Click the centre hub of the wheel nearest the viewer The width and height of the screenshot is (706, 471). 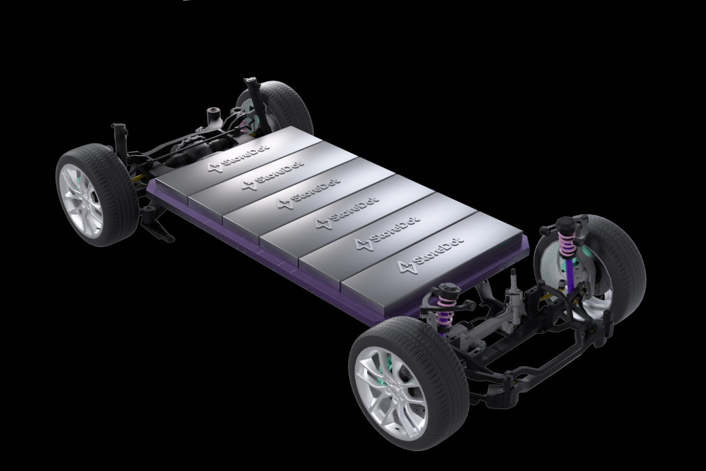[393, 386]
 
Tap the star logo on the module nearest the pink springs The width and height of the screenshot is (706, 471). [404, 267]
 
